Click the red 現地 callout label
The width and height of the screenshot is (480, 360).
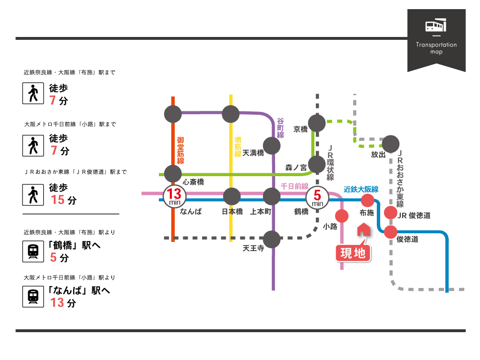[353, 253]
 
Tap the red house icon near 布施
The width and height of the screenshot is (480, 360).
[363, 229]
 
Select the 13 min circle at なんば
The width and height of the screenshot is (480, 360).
[173, 196]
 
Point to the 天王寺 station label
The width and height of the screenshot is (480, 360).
[253, 249]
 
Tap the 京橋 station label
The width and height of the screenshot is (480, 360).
[300, 129]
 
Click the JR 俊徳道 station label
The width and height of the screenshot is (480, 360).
[414, 216]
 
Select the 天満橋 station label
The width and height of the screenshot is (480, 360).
[253, 153]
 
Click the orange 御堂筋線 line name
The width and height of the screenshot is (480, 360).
[180, 151]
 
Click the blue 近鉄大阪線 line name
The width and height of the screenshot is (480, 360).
[361, 189]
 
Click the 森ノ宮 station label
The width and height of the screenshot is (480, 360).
[296, 168]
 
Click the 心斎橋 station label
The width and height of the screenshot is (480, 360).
[193, 182]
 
